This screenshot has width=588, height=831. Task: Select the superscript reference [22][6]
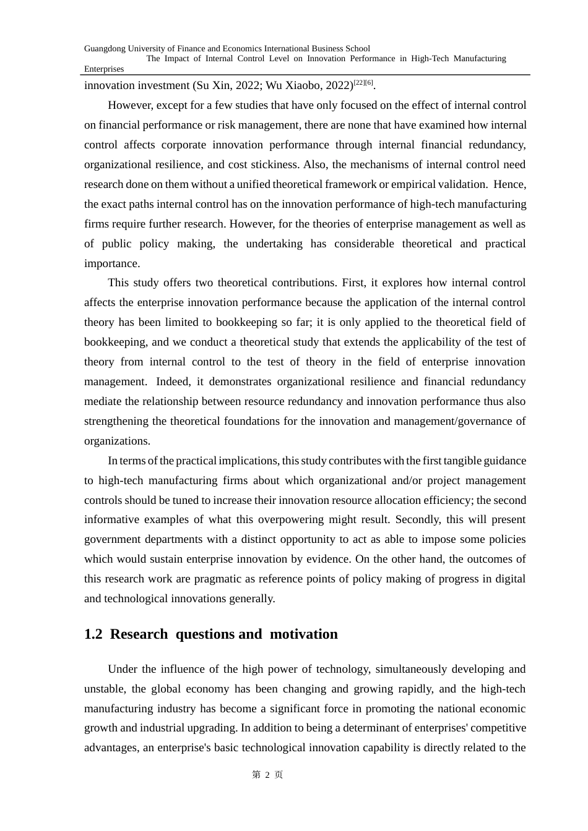coord(363,83)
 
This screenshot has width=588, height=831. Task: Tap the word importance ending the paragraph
coord(111,263)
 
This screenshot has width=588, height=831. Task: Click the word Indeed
coord(171,381)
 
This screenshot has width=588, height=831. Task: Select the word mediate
coord(103,401)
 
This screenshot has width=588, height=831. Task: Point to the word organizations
coord(116,441)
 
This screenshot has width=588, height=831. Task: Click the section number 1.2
coord(93,634)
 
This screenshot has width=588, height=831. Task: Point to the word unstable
coord(105,689)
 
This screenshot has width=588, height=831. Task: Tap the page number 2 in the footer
coord(267,775)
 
